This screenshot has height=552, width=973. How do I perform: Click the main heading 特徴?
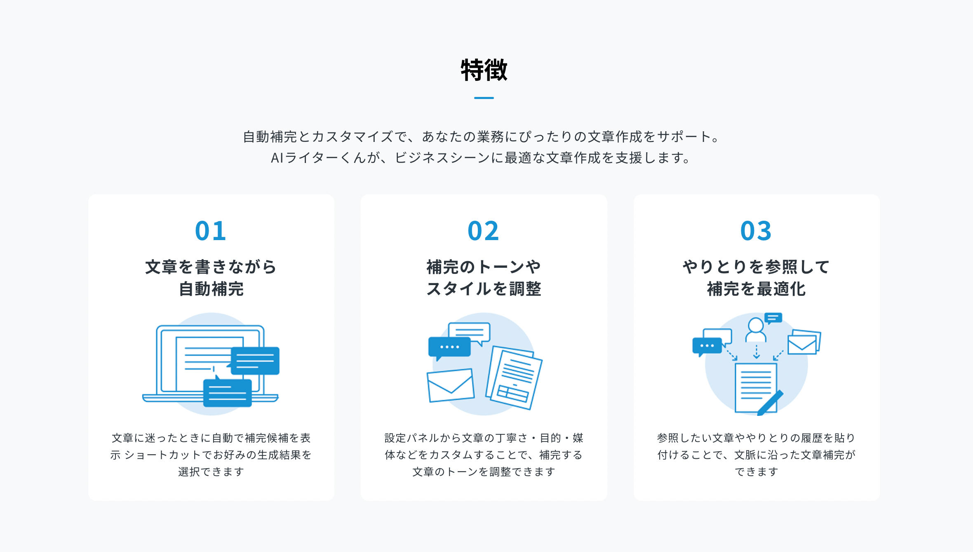[x=484, y=70]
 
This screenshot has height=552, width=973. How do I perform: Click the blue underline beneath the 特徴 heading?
[x=484, y=98]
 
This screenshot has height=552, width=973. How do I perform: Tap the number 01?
[x=211, y=231]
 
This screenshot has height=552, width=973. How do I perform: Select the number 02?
[x=483, y=231]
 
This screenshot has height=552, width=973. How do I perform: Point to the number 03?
[x=756, y=231]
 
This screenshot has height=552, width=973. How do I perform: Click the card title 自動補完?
[x=211, y=289]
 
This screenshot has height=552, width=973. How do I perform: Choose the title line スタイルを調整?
[x=484, y=289]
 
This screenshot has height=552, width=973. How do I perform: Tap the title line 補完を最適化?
[x=756, y=289]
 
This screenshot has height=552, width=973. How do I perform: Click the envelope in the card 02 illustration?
[x=450, y=385]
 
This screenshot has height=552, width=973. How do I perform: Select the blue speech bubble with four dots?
[x=449, y=347]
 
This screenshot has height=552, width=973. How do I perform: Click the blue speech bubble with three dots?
[x=707, y=346]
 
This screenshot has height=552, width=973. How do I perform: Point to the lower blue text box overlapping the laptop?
[x=228, y=393]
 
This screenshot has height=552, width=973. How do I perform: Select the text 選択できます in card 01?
[x=211, y=472]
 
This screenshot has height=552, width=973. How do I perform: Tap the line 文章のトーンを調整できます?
[x=484, y=472]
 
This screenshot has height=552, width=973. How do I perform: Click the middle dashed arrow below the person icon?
[x=756, y=351]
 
